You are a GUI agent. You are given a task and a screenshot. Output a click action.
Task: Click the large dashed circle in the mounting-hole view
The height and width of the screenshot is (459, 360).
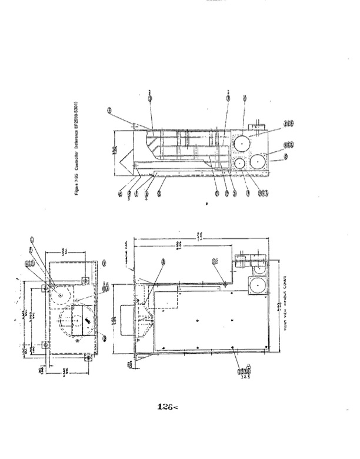pyautogui.click(x=75, y=321)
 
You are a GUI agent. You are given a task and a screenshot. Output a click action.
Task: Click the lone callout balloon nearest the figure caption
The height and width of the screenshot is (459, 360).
pyautogui.click(x=110, y=110)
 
